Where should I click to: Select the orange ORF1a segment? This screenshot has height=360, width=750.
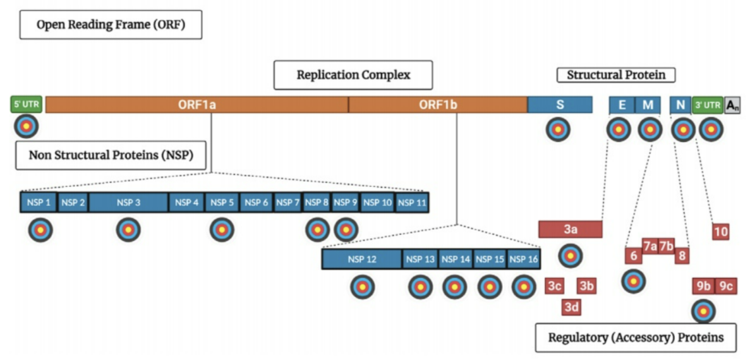click(197, 105)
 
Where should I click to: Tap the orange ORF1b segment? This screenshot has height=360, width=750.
click(438, 105)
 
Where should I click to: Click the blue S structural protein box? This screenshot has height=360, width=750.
click(560, 105)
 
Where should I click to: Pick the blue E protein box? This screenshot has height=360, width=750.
click(622, 105)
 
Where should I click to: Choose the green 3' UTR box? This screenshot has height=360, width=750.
click(707, 105)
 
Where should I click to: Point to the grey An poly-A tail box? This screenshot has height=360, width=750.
click(732, 105)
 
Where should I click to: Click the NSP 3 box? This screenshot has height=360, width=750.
click(128, 202)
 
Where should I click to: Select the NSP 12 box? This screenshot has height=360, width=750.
click(362, 259)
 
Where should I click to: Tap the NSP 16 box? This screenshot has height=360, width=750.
click(524, 259)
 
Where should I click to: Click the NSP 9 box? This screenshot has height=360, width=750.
click(346, 202)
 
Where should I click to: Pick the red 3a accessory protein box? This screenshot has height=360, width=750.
click(570, 229)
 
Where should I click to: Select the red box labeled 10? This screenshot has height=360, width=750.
click(720, 232)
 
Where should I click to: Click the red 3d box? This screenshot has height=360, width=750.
click(572, 308)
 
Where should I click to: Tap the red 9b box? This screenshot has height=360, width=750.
click(704, 286)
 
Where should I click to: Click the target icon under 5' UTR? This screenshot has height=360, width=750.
click(27, 126)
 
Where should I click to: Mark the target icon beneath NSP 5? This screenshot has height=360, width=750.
click(222, 229)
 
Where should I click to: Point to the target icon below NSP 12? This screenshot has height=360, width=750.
click(363, 287)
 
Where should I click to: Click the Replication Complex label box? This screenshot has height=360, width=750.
click(353, 75)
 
